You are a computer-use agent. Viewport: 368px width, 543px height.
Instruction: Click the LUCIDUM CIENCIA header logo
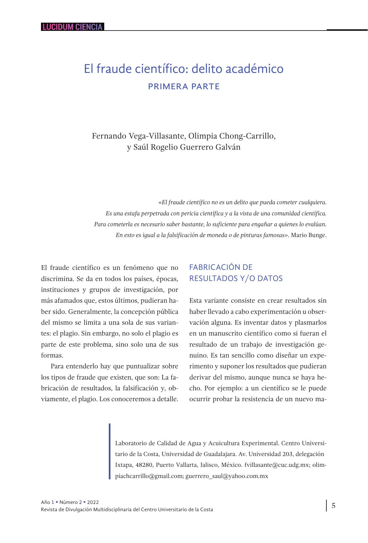click(x=72, y=27)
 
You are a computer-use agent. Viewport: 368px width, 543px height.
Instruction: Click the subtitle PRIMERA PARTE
click(x=184, y=87)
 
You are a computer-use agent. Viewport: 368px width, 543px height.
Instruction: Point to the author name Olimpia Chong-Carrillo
click(x=232, y=136)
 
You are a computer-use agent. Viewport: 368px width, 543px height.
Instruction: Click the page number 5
click(x=333, y=506)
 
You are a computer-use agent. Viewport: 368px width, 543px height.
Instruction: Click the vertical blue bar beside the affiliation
click(x=110, y=451)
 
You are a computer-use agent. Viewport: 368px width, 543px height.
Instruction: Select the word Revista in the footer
click(x=49, y=510)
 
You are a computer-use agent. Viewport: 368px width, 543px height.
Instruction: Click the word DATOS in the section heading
click(x=270, y=278)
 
